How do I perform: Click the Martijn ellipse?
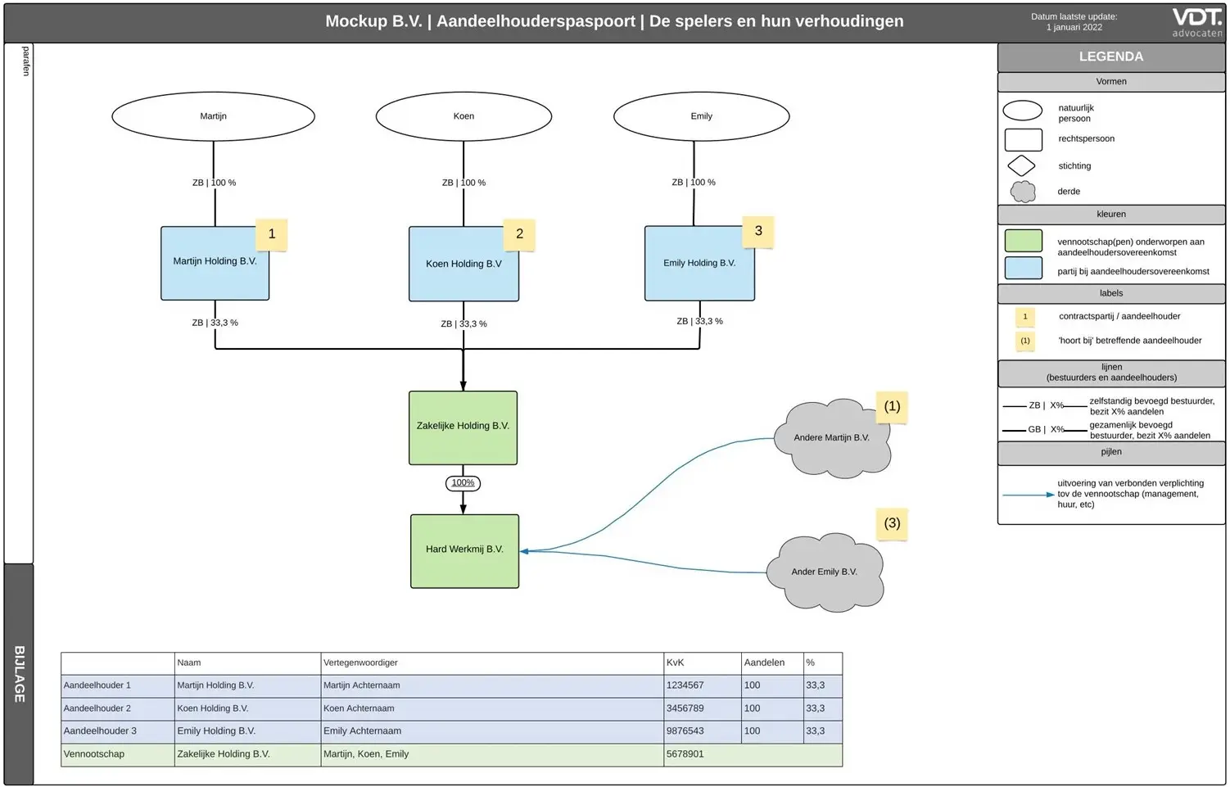coord(213,116)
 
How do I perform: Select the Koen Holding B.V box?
coord(464,264)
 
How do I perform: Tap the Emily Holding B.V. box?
coord(699,263)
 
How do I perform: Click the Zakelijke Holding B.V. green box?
coord(463,427)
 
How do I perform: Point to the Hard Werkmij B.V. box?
coord(464,551)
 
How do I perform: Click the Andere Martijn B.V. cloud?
coord(832,438)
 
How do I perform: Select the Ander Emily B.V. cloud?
coord(824,572)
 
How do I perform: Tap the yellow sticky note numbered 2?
coord(519,234)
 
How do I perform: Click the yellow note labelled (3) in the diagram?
coord(892,523)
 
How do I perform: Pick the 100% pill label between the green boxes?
coord(463,482)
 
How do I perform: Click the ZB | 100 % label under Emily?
coord(694,183)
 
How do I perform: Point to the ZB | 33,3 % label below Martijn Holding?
coord(215,323)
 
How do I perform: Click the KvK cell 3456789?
coord(685,708)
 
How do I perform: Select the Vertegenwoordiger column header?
coord(360,663)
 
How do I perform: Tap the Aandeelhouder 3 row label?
coord(97,731)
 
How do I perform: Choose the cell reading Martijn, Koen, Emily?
coord(366,754)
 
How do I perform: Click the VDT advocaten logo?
coord(1197,22)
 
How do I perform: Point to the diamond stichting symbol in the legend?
coord(1021,166)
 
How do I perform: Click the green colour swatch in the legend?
coord(1023,241)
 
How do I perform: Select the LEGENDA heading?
coord(1110,57)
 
